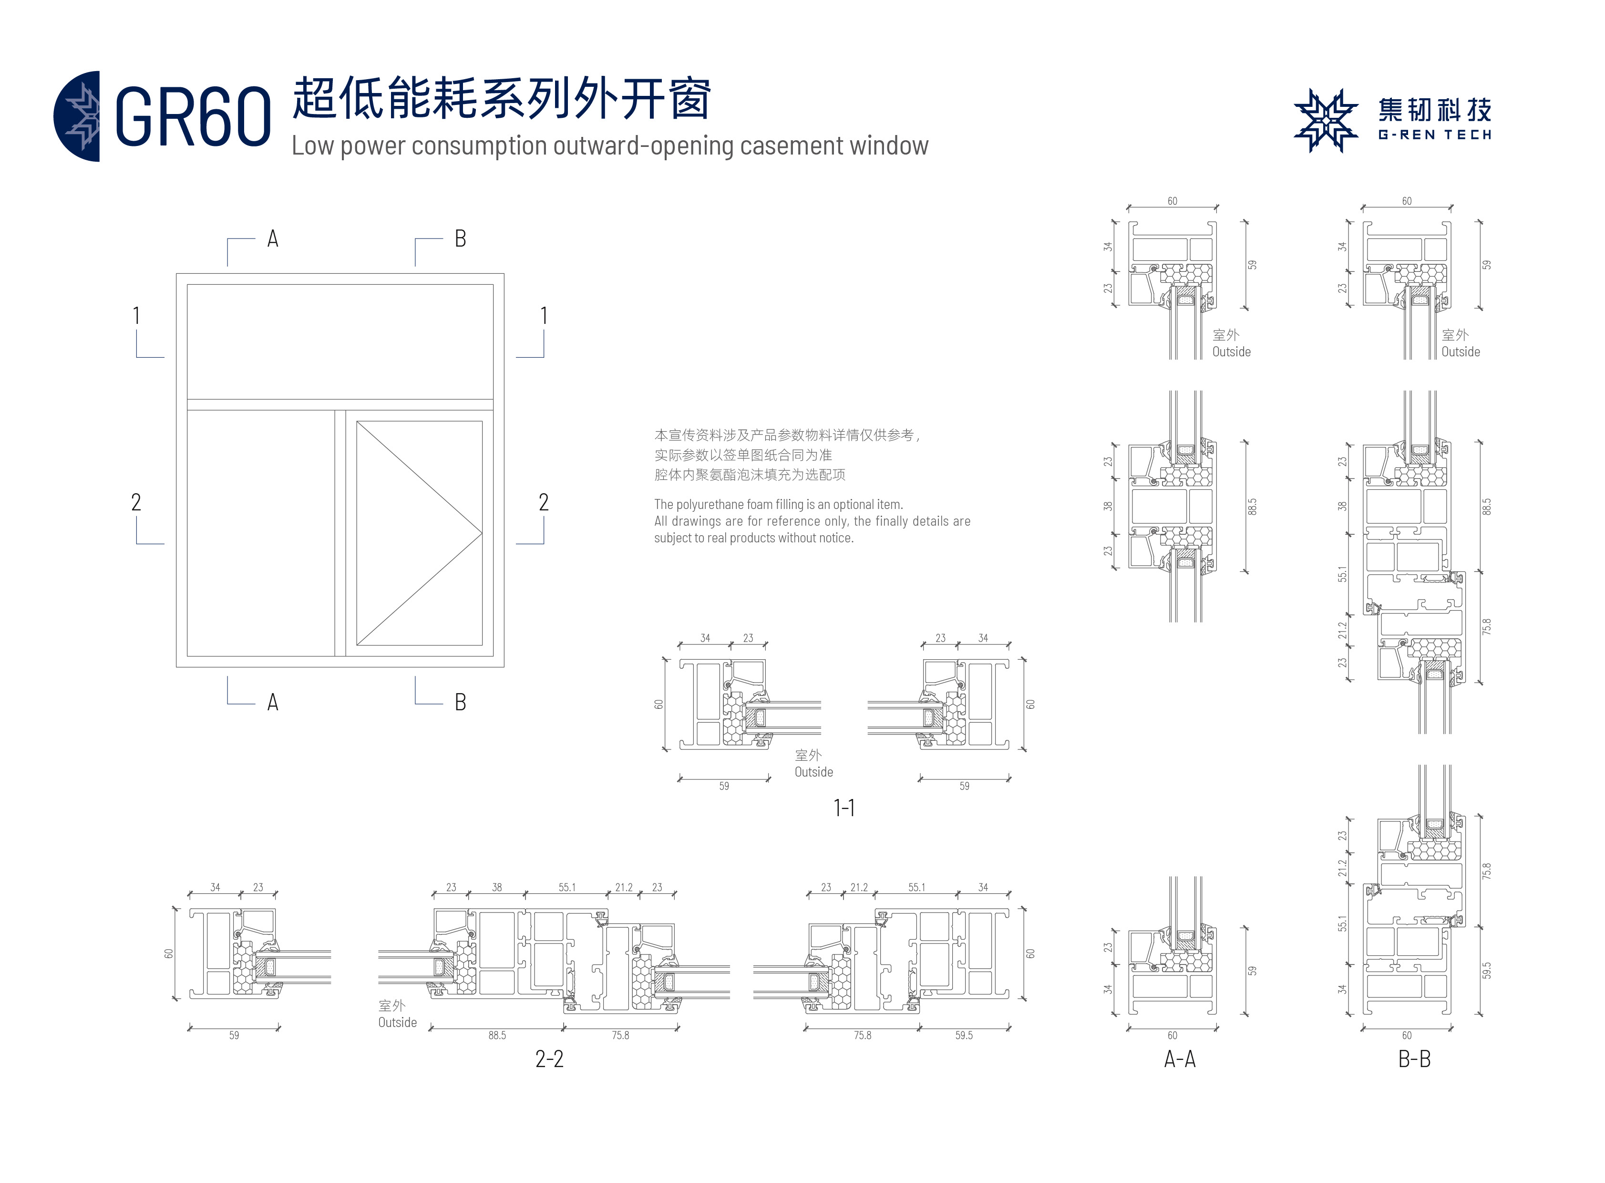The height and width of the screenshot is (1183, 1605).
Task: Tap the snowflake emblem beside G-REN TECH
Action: pyautogui.click(x=1325, y=120)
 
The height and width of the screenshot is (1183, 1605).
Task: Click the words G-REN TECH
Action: pyautogui.click(x=1434, y=135)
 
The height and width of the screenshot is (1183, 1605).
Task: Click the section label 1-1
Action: pyautogui.click(x=844, y=808)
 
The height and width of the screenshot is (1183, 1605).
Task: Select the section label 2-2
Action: pyautogui.click(x=549, y=1058)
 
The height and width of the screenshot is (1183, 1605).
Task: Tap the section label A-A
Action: pyautogui.click(x=1179, y=1058)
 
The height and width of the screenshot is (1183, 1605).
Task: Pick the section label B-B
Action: pyautogui.click(x=1414, y=1058)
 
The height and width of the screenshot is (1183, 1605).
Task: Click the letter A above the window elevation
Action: pyautogui.click(x=273, y=239)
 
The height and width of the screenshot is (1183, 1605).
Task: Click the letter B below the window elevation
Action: pyautogui.click(x=460, y=702)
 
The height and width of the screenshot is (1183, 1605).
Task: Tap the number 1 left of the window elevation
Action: pyautogui.click(x=136, y=316)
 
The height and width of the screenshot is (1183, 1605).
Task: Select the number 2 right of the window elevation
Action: pyautogui.click(x=544, y=502)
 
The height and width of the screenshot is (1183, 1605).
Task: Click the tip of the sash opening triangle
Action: pyautogui.click(x=481, y=533)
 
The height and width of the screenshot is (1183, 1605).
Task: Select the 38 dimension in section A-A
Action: pyautogui.click(x=1108, y=506)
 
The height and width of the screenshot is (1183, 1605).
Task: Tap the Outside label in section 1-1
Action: pyautogui.click(x=813, y=772)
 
